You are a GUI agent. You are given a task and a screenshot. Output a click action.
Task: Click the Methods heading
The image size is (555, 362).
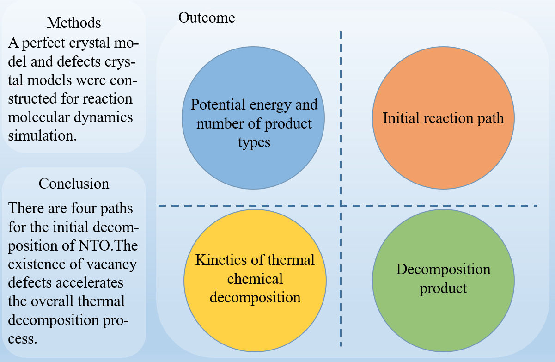pos(74,22)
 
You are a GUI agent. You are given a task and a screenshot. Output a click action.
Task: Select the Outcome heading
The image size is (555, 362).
pos(207,18)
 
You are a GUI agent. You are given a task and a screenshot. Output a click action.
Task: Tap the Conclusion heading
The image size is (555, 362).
pos(74,184)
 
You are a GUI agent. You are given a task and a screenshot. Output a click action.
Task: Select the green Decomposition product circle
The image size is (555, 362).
pos(443,314)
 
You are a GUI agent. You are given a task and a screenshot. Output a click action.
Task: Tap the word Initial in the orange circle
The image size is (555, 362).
pos(400,118)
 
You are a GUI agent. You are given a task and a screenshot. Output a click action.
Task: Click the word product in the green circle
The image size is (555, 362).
pos(443,288)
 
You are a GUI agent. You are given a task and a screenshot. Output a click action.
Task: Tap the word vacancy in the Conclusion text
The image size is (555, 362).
pos(113,264)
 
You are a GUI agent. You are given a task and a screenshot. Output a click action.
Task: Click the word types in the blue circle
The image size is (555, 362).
pos(254,142)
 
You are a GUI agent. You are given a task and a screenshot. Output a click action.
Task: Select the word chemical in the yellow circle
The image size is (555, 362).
pos(255,279)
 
